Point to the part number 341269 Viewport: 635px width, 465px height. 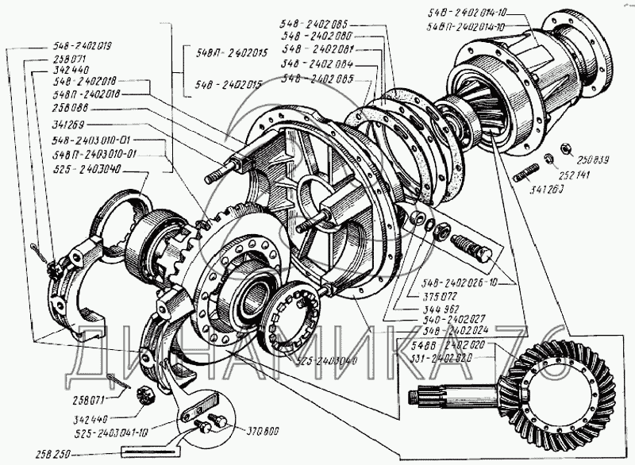67,125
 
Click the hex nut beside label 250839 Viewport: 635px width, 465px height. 567,148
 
